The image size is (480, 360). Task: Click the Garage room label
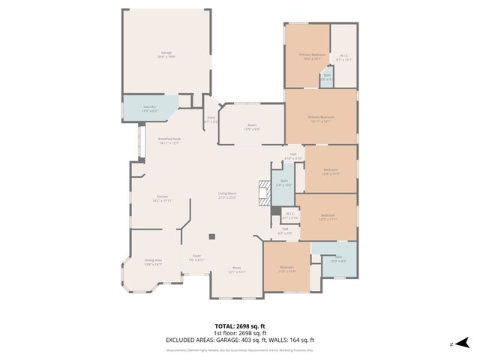[166, 53]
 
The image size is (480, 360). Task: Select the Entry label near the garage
[211, 118]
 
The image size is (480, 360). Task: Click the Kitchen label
[162, 197]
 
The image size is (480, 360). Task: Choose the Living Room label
[227, 196]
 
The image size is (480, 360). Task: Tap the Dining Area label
[153, 262]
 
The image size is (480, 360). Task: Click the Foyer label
[196, 256]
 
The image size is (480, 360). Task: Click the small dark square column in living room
[212, 237]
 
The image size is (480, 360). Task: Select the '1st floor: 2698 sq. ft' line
[240, 333]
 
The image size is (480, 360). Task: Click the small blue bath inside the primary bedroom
[327, 76]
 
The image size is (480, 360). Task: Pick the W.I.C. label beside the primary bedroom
[343, 56]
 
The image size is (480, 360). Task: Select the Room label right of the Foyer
[237, 269]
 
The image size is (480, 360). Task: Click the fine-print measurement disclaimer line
[240, 349]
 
